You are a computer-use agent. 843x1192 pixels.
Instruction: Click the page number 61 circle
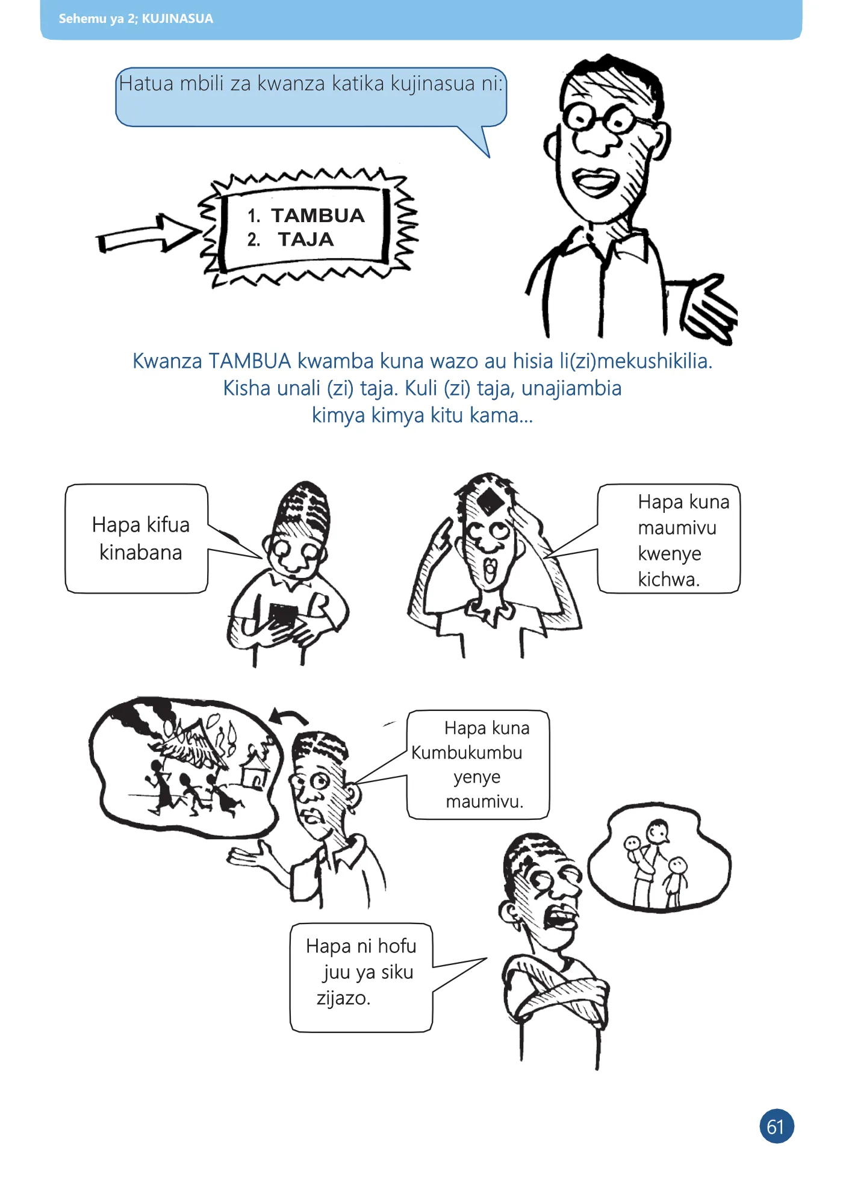(776, 1126)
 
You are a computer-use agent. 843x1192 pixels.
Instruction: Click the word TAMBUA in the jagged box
(318, 216)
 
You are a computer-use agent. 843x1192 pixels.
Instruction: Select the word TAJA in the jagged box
(306, 240)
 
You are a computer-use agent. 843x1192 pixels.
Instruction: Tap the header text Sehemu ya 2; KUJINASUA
(136, 19)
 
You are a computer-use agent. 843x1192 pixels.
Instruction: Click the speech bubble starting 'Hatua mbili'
(311, 99)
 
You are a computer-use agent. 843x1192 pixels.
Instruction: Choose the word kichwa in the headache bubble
(668, 579)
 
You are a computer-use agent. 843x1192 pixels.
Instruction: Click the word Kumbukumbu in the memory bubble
(467, 753)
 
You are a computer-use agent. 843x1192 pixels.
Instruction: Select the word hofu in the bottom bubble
(397, 946)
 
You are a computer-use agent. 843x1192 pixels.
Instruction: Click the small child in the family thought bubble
(676, 882)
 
